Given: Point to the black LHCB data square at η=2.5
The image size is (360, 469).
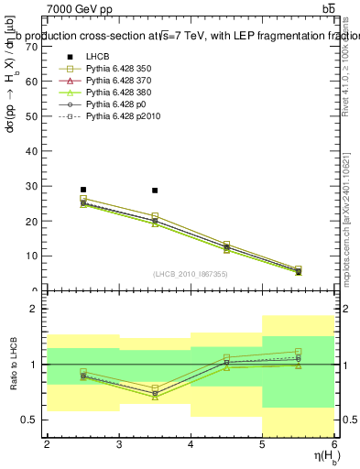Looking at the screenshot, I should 83,190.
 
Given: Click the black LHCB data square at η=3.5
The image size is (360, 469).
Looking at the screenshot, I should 155,191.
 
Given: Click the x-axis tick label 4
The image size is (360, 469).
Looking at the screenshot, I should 191,444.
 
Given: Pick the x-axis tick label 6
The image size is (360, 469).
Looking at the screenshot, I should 334,444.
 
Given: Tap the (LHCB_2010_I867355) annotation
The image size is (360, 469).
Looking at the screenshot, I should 191,275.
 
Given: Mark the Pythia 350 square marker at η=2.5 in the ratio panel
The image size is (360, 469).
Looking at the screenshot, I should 83,372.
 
